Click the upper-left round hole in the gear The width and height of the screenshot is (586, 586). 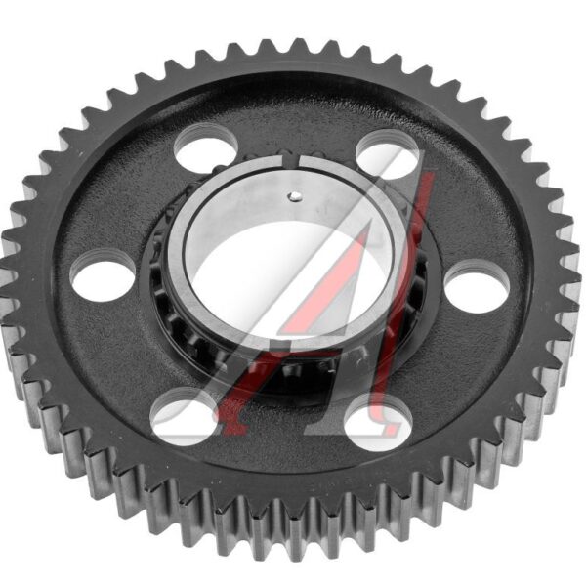point(205,147)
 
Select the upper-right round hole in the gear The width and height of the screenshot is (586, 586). point(387,152)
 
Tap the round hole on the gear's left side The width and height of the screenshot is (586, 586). point(103,275)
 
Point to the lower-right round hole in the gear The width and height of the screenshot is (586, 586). point(377,422)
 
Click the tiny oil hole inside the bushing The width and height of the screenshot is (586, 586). point(294,196)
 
